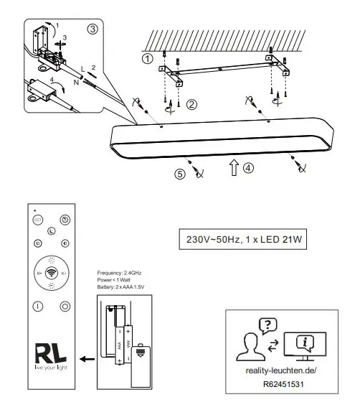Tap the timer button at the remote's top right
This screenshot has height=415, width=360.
(x=65, y=220)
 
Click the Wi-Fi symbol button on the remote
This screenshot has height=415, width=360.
(x=52, y=274)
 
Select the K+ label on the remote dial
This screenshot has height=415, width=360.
(x=64, y=274)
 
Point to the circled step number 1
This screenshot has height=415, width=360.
(x=147, y=59)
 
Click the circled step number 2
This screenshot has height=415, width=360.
(x=191, y=105)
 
